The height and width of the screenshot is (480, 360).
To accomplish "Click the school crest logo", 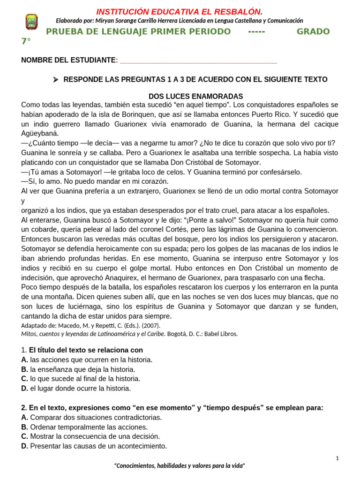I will pyautogui.click(x=31, y=22).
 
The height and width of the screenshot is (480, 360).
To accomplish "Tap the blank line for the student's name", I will pyautogui.click(x=198, y=60).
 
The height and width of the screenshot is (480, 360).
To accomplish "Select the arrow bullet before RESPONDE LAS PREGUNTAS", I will pyautogui.click(x=55, y=80).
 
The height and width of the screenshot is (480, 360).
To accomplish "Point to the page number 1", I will pyautogui.click(x=337, y=458).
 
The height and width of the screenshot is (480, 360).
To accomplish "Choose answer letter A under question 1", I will pyautogui.click(x=24, y=360).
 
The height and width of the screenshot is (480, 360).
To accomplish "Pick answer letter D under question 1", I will pyautogui.click(x=24, y=388).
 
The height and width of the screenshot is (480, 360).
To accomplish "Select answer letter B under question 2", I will pyautogui.click(x=24, y=427).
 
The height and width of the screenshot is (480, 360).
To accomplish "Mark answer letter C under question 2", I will pyautogui.click(x=24, y=436).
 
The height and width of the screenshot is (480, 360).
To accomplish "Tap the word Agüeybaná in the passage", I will pyautogui.click(x=39, y=133).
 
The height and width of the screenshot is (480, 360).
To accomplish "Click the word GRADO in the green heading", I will pyautogui.click(x=313, y=31).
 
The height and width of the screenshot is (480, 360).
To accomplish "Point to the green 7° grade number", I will pyautogui.click(x=26, y=41).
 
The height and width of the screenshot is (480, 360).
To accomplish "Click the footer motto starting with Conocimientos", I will pyautogui.click(x=180, y=465).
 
